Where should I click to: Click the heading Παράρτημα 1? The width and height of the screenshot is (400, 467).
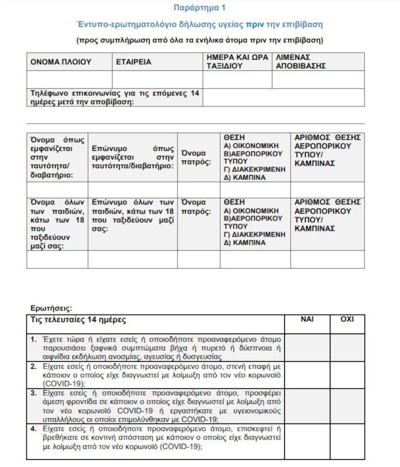[200, 7]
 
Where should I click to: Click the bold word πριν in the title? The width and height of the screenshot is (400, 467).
[254, 24]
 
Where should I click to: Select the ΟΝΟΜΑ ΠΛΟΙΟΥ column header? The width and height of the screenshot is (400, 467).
[61, 62]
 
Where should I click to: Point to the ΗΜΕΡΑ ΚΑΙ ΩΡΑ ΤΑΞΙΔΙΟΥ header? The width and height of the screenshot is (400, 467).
[237, 62]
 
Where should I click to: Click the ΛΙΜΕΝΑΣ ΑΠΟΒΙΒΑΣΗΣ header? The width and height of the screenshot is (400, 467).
[300, 62]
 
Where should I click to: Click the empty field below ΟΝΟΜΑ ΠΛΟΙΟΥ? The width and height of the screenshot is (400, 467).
[69, 79]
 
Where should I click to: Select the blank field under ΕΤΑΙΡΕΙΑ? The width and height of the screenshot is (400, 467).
[157, 79]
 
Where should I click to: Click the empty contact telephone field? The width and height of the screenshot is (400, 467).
[283, 97]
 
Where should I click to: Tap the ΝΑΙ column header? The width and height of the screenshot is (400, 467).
[307, 319]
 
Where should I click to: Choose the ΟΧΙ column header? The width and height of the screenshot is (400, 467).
[347, 319]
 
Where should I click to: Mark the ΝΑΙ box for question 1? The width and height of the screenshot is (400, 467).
[307, 348]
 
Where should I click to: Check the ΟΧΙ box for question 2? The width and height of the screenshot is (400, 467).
[347, 375]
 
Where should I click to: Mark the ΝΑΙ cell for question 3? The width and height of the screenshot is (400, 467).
[307, 406]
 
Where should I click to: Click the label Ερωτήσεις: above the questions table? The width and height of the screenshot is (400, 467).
[51, 308]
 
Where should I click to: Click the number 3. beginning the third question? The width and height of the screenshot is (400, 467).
[34, 393]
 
